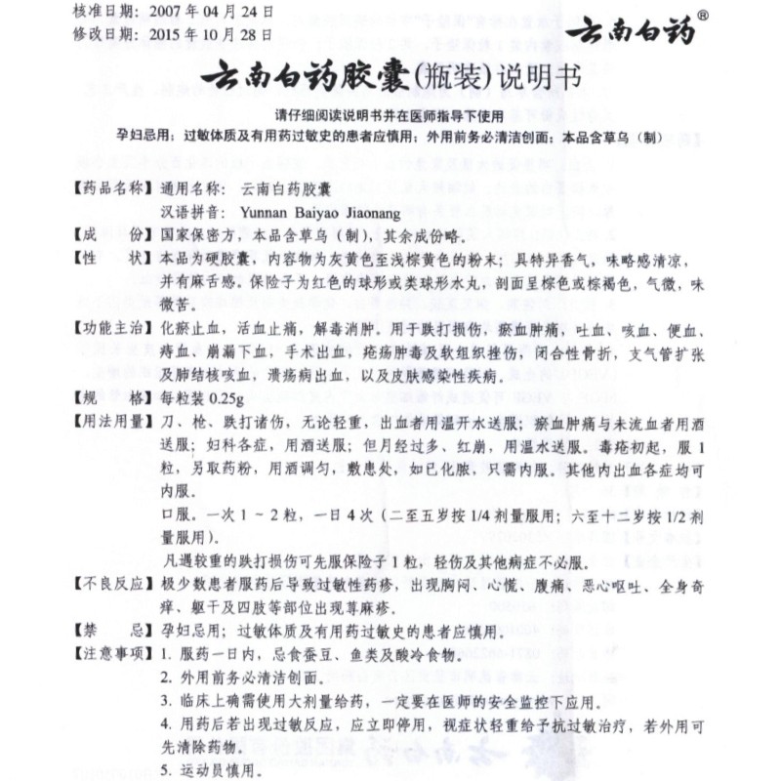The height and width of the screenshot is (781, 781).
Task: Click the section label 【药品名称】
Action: (x=110, y=185)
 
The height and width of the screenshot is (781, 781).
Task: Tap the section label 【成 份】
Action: (x=110, y=234)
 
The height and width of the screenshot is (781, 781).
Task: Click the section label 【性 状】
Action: (x=110, y=261)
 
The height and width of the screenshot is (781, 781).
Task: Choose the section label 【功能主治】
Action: (x=110, y=324)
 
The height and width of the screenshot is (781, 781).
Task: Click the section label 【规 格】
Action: (x=110, y=397)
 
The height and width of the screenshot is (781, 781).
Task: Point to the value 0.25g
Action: (x=222, y=397)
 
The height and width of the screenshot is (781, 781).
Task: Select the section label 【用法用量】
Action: (x=110, y=422)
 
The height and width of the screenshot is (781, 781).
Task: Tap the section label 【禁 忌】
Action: (x=110, y=631)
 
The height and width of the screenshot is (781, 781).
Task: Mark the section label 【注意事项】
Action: (x=110, y=653)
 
